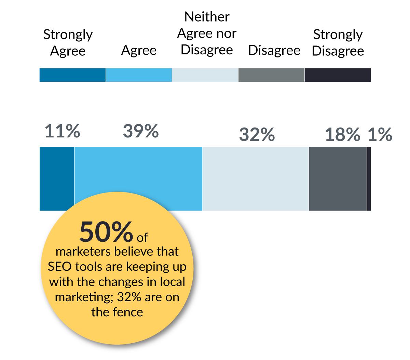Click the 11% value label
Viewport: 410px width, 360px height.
[x=62, y=131]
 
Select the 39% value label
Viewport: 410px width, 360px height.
[x=140, y=131]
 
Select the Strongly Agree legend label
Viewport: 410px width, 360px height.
[x=68, y=43]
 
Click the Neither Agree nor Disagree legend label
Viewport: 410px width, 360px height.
[x=207, y=33]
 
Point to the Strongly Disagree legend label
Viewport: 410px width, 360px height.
[x=338, y=43]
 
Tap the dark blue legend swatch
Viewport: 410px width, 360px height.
[x=72, y=75]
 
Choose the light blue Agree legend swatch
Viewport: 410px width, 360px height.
[x=139, y=75]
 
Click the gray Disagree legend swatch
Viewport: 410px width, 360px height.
[x=271, y=75]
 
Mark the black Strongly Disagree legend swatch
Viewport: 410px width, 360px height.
[x=338, y=75]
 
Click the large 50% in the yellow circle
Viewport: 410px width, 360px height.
[x=106, y=232]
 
